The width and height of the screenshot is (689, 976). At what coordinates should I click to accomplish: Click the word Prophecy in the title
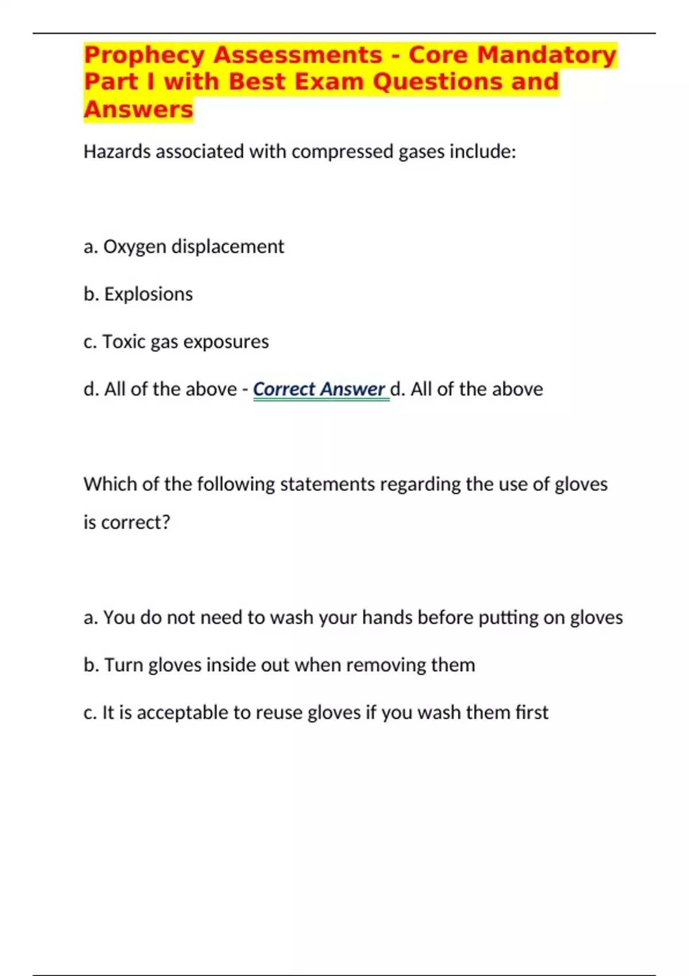144,56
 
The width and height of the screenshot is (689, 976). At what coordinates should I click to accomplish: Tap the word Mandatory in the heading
547,56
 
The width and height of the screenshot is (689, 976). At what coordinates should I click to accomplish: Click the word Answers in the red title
138,109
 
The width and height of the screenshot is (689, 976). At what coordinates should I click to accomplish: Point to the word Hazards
117,152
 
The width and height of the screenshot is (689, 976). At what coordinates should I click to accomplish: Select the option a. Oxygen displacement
184,246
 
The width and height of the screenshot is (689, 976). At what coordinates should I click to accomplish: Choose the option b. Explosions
138,294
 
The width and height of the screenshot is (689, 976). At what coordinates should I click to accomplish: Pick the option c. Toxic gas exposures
176,342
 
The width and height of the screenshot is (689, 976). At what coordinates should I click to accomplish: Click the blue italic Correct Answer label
319,389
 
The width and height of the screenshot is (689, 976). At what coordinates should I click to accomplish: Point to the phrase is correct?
127,522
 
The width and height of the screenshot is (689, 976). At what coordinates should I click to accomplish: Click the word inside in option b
231,665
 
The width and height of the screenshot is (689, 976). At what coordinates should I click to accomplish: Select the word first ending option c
532,712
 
